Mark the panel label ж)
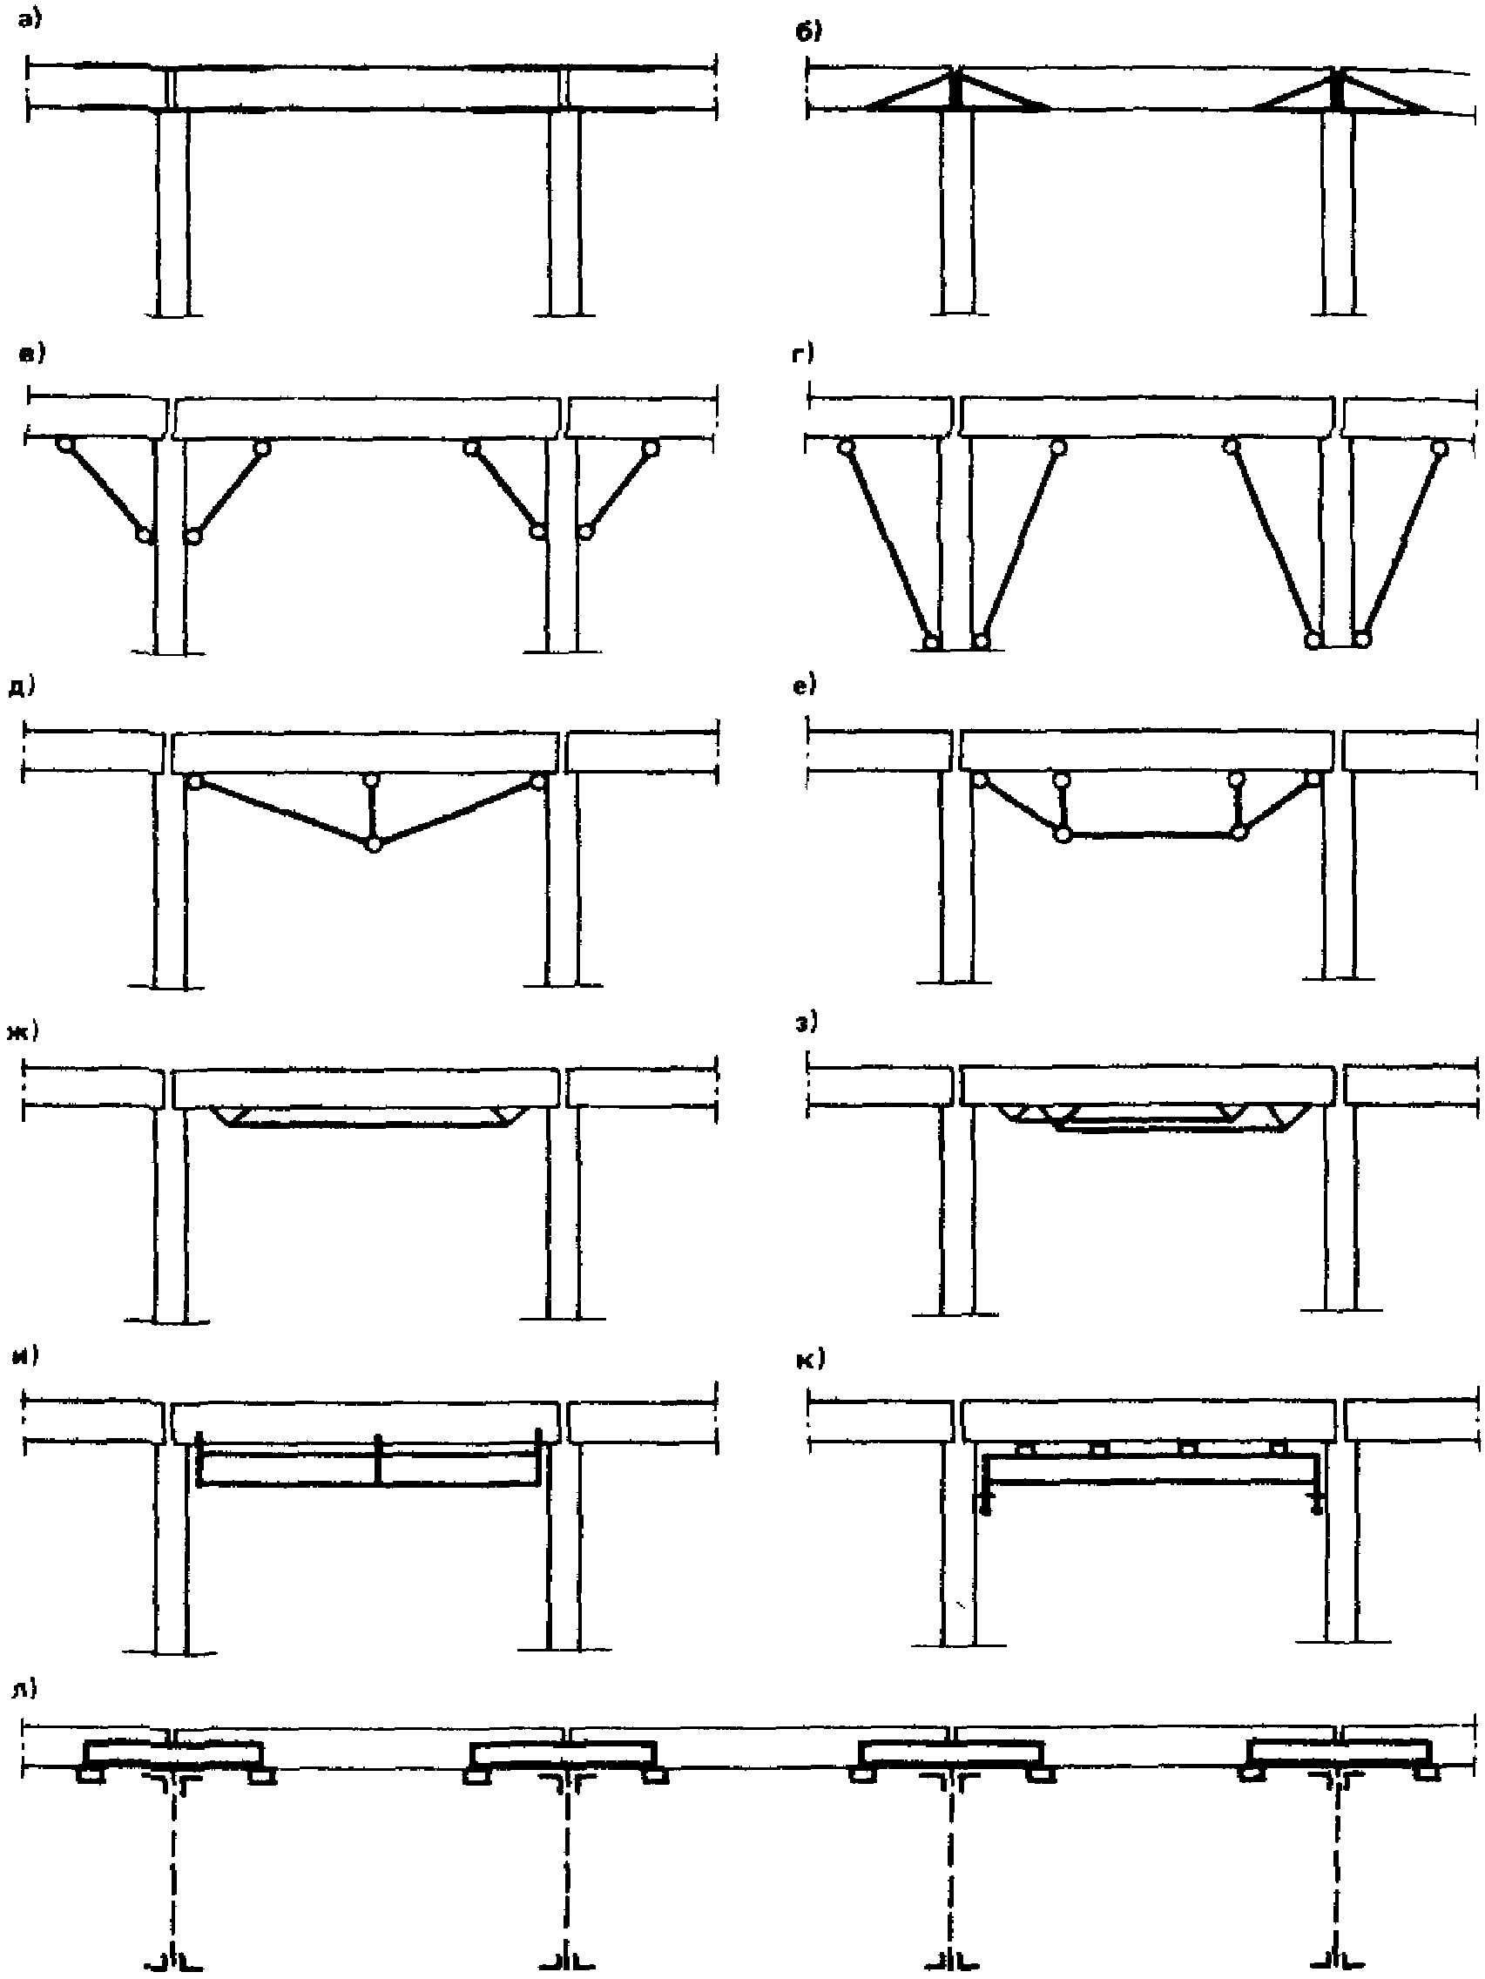[x=24, y=1030]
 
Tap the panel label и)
[x=25, y=1355]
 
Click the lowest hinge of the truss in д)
[x=374, y=844]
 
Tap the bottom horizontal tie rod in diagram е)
[x=1151, y=835]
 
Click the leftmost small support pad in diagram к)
[x=1026, y=1448]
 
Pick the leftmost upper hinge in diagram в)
[x=63, y=444]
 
